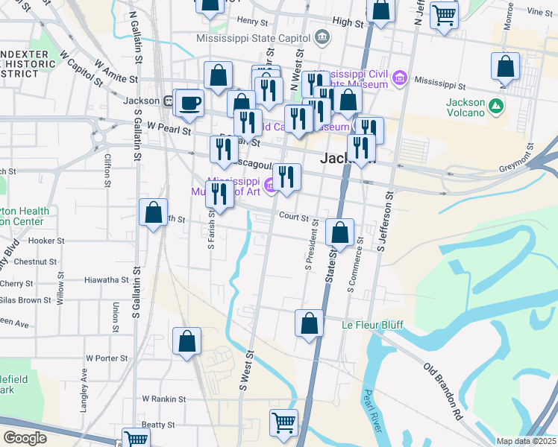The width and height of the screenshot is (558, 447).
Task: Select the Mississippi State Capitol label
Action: (x=254, y=37)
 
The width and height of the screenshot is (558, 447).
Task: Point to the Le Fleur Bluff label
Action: (x=372, y=326)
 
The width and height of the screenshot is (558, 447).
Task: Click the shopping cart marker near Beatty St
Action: (x=283, y=422)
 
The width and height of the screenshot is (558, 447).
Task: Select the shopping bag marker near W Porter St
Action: (x=186, y=341)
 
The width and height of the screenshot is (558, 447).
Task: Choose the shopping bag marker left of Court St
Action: (x=153, y=213)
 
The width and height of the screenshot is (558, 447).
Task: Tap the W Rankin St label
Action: (x=163, y=399)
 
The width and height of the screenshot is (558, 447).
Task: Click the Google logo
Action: (x=25, y=438)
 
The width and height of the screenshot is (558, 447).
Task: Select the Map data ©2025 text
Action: (x=526, y=441)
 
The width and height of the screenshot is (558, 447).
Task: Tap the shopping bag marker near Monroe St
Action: (x=505, y=66)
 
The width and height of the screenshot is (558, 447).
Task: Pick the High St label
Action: (x=348, y=23)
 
